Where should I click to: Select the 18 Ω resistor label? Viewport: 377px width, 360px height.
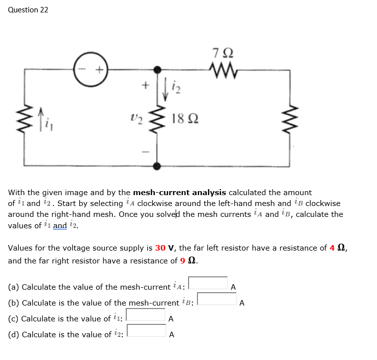point(185,119)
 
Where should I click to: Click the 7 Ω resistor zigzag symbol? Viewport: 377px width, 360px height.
point(221,69)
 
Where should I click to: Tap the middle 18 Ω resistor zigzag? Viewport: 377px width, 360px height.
point(158,119)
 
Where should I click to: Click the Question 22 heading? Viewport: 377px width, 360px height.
point(28,10)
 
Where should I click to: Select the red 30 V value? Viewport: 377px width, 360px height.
point(165,248)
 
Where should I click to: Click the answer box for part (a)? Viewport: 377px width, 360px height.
point(208,283)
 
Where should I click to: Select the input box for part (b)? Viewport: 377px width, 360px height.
point(218,299)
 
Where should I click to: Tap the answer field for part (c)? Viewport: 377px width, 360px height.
point(146,315)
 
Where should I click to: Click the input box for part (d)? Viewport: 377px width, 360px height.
point(147,331)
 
